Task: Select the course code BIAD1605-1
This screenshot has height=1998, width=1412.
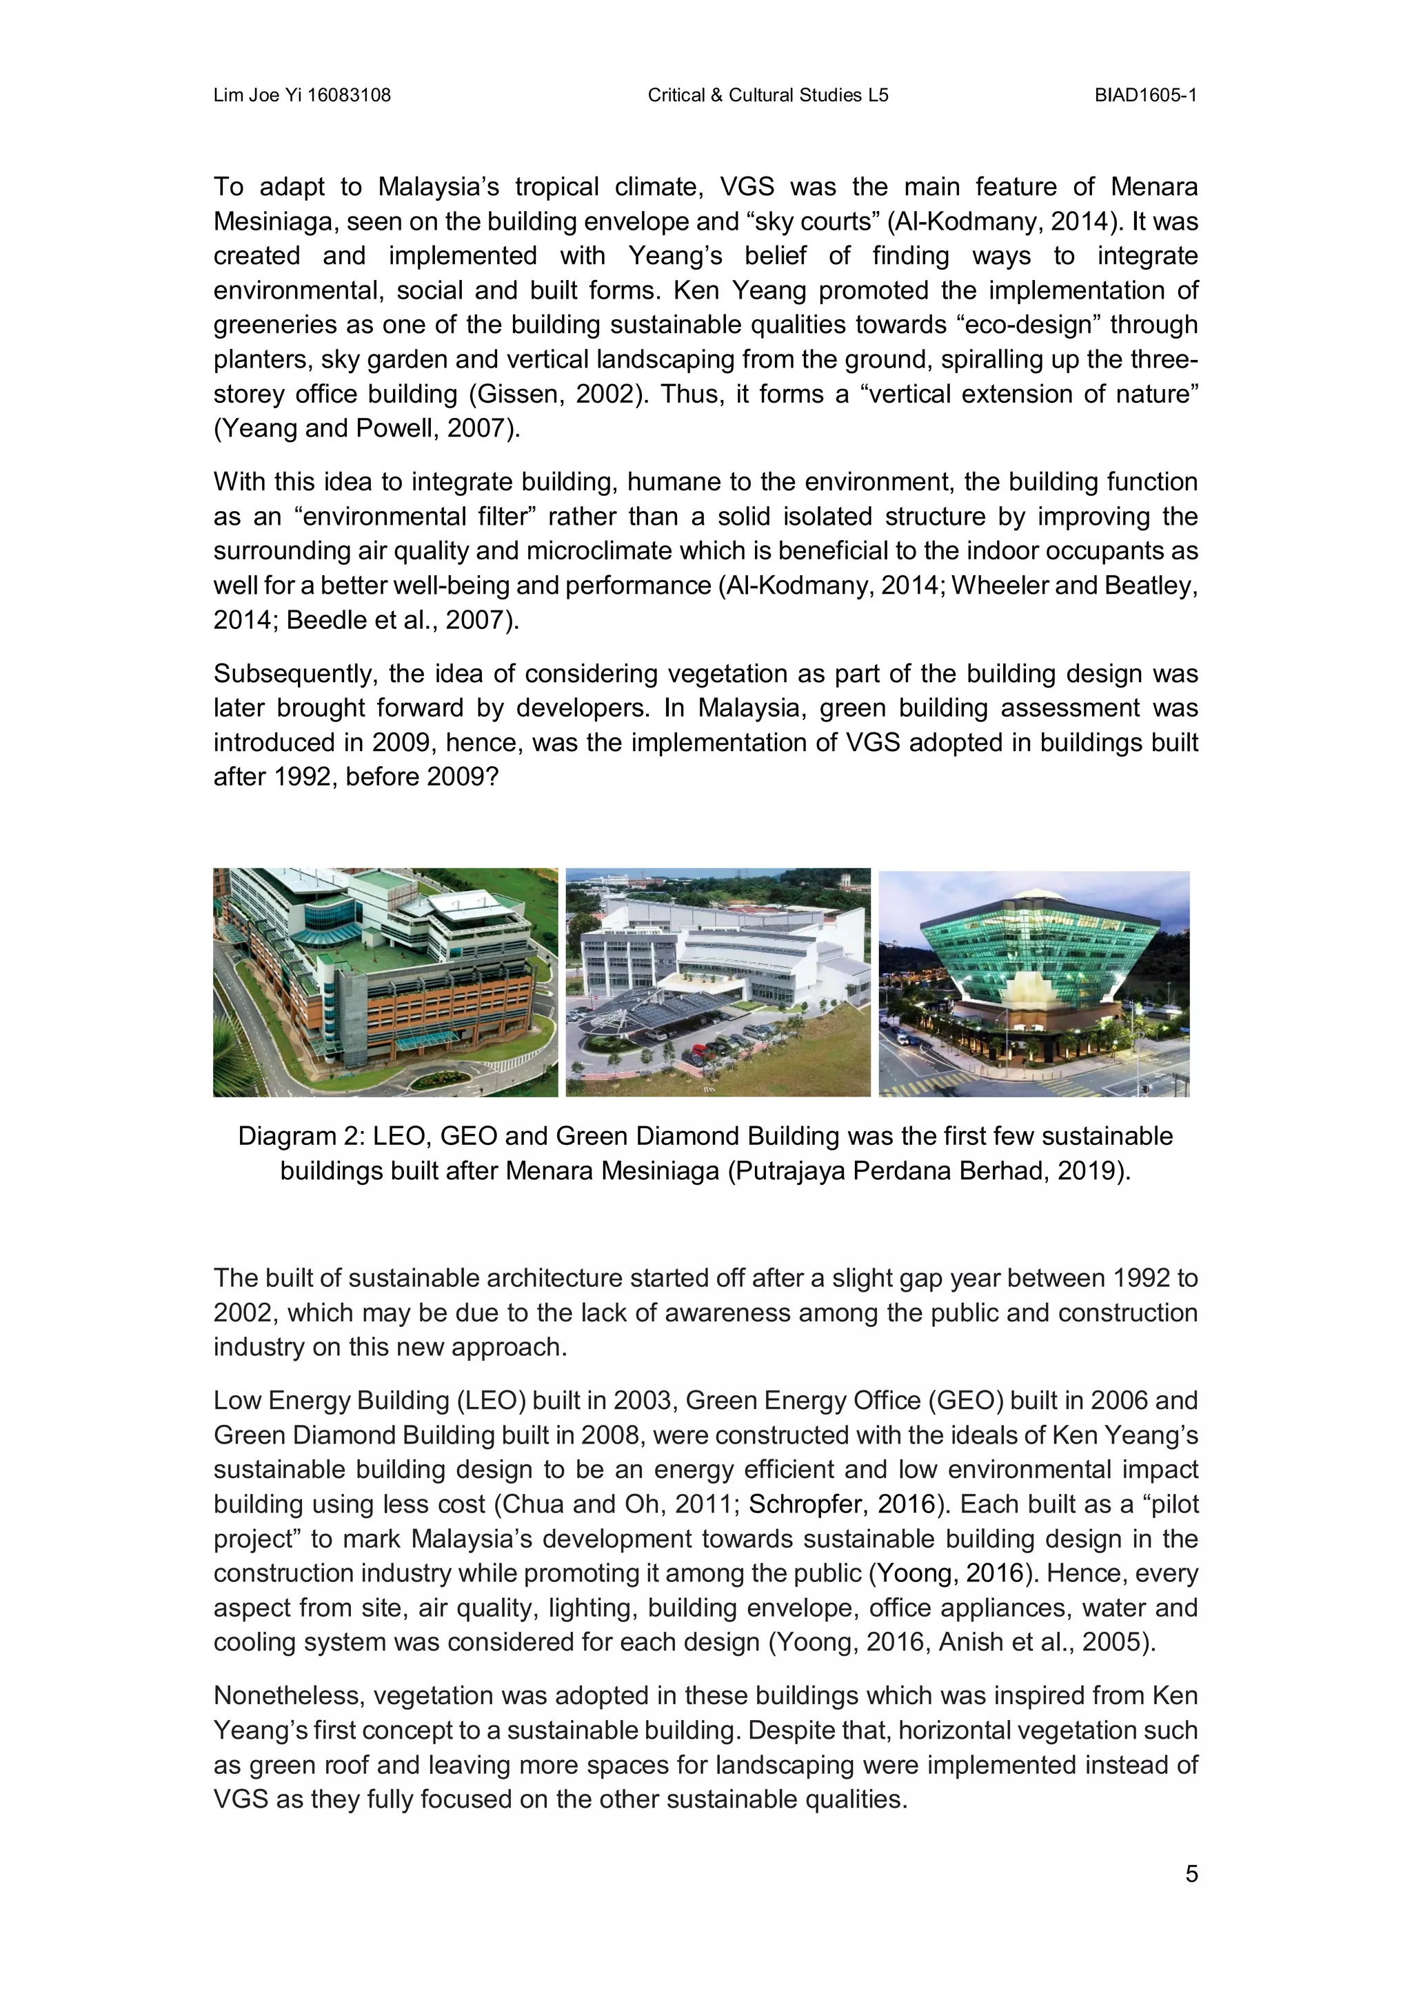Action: click(1145, 95)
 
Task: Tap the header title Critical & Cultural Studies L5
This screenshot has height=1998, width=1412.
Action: click(767, 95)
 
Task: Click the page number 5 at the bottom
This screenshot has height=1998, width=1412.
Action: click(1191, 1874)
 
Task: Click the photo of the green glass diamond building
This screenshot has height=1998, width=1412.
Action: click(1033, 983)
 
